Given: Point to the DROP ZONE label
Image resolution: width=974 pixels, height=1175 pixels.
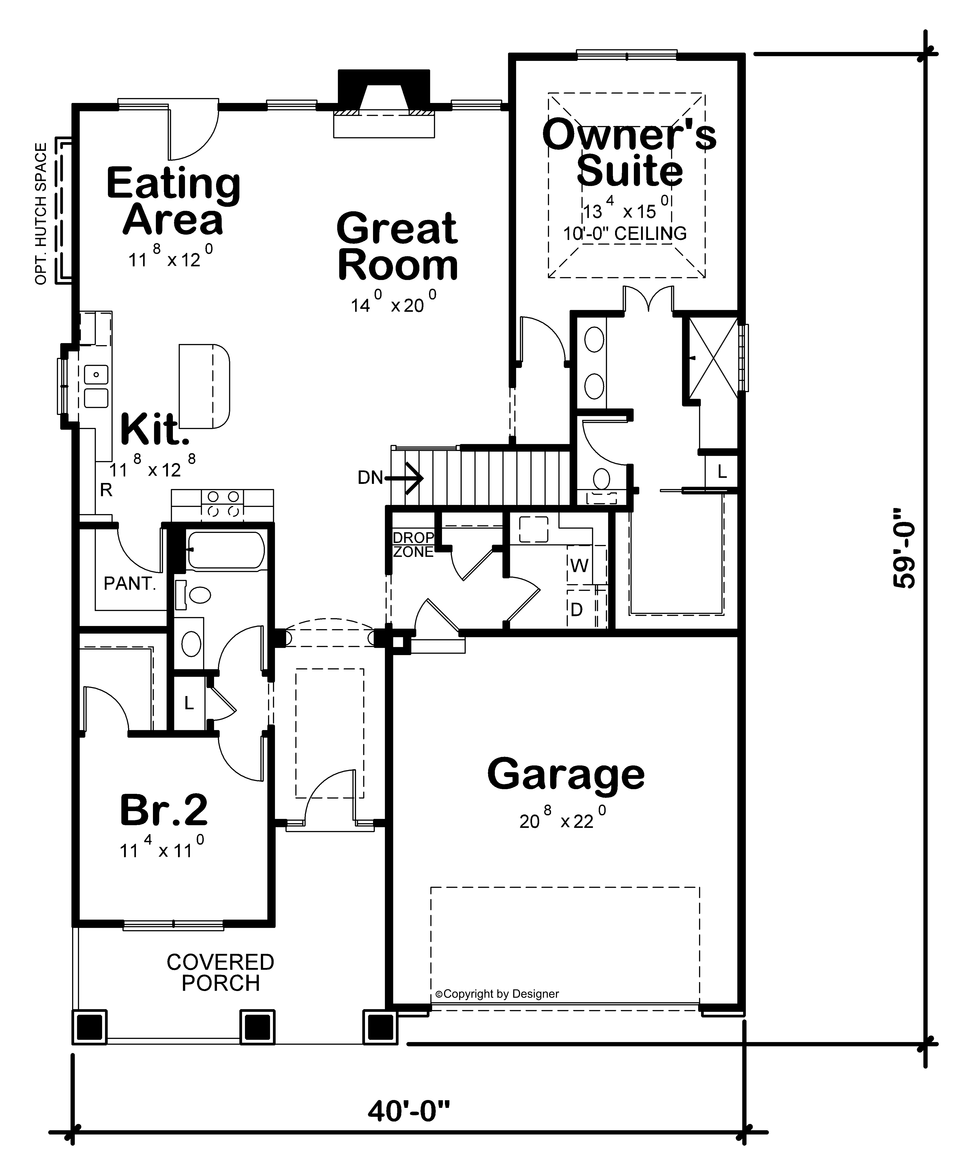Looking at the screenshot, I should tap(413, 544).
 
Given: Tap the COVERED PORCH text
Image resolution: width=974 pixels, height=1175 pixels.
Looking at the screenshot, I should tap(221, 973).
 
